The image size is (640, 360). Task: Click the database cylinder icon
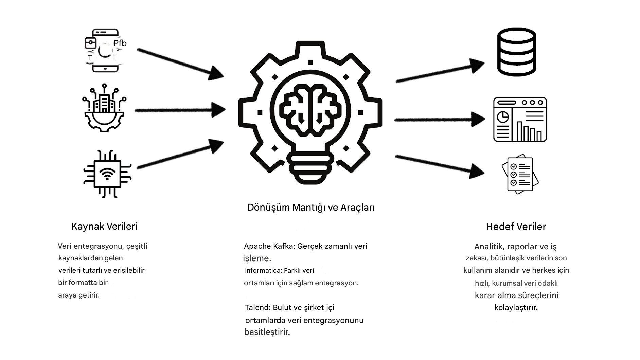point(517,52)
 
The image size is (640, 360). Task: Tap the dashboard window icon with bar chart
point(520,120)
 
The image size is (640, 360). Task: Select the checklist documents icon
point(520,175)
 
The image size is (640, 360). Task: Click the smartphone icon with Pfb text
point(105,51)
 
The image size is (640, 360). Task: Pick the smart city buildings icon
point(104,108)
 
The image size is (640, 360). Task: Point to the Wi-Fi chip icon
point(107,174)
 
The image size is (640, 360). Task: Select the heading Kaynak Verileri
point(104,227)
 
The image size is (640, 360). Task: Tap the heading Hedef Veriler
point(516,227)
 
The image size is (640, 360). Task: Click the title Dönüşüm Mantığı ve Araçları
point(311,208)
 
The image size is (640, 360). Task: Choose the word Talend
point(257,308)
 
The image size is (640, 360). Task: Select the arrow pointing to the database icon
point(440,70)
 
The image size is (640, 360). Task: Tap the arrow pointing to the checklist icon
point(440,166)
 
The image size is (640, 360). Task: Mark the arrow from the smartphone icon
point(180,64)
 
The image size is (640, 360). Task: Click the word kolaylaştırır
point(516,308)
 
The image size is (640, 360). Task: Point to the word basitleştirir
point(267,332)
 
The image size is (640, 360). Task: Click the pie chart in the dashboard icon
point(503,117)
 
